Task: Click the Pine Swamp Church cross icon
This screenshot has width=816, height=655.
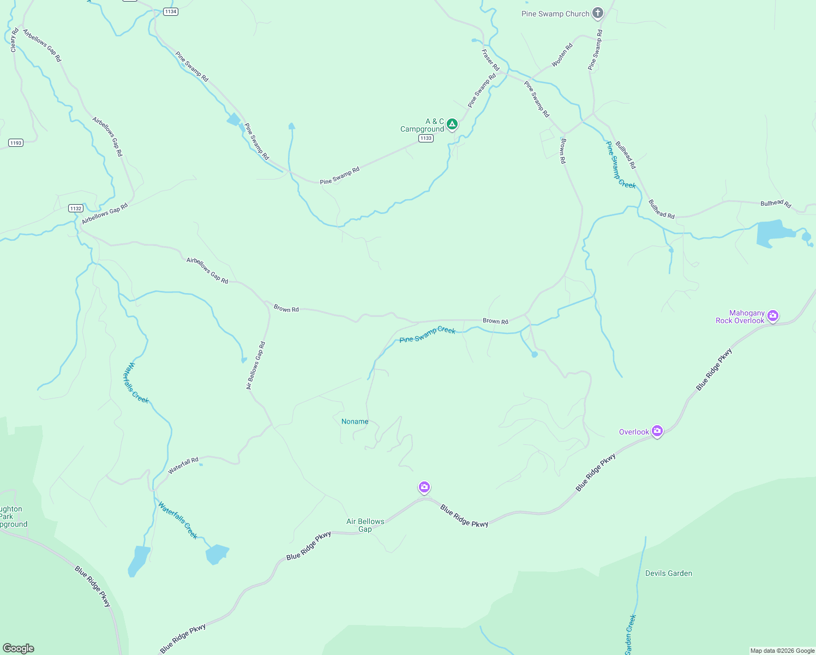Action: [598, 13]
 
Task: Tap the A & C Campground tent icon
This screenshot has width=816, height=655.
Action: [452, 124]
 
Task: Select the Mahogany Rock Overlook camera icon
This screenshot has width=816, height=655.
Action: [772, 315]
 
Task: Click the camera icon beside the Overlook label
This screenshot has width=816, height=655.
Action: [657, 431]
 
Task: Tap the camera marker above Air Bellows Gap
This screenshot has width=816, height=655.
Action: [424, 487]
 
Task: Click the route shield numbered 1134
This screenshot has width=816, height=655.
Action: [171, 11]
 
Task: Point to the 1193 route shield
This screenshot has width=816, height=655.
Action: [15, 143]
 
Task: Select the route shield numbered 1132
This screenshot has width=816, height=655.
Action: [76, 208]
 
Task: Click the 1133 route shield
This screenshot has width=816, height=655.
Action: [426, 138]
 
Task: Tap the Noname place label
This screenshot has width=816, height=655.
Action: [355, 421]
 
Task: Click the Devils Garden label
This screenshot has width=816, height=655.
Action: [669, 573]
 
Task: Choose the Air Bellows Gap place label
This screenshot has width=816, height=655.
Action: [365, 525]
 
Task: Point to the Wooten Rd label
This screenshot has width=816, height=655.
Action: [562, 55]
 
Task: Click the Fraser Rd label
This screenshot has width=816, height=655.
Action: [490, 59]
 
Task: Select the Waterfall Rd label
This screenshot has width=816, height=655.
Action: [183, 466]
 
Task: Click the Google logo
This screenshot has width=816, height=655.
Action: [19, 648]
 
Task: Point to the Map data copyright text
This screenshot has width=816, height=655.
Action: [782, 651]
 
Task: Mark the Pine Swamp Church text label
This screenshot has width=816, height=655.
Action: [555, 14]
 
